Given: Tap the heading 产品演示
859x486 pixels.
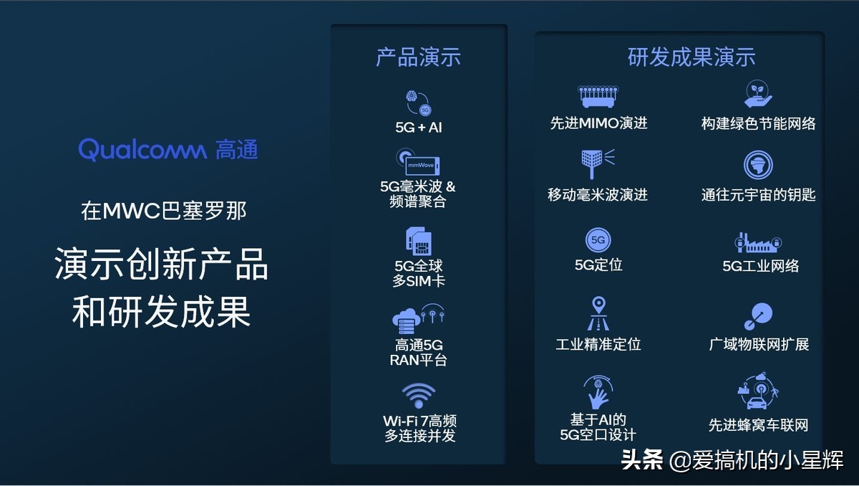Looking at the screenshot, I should [x=418, y=57].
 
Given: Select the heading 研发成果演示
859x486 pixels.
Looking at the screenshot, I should [x=691, y=57].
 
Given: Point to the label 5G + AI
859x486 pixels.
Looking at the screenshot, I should [x=419, y=128].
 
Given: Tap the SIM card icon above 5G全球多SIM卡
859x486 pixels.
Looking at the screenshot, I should [x=418, y=242].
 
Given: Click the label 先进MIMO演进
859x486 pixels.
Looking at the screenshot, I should [x=598, y=123].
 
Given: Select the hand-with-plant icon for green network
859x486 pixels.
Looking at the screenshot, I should [x=757, y=94].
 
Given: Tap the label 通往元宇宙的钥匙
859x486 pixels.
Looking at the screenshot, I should [x=758, y=195].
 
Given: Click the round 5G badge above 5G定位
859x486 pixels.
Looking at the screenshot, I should [x=598, y=239].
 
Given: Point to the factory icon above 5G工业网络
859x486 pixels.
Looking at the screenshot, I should [x=757, y=242].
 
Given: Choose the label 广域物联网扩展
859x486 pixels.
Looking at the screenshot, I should [x=758, y=345].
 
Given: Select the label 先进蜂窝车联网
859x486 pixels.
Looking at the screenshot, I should [x=758, y=425].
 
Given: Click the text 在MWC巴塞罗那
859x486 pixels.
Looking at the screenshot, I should [x=163, y=211].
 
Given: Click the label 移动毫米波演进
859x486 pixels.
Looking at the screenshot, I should [x=598, y=195].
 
